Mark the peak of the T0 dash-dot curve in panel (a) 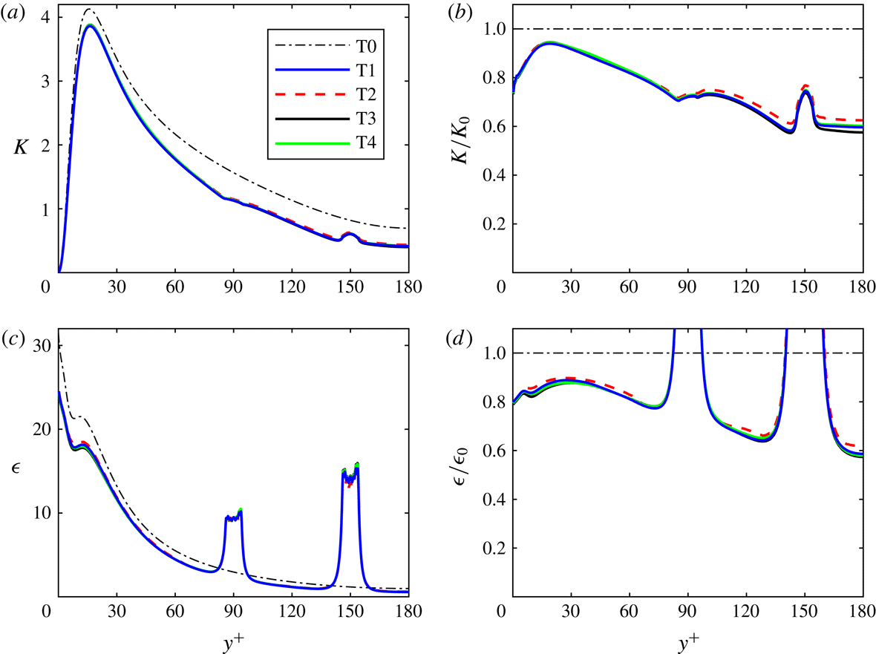click(89, 10)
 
